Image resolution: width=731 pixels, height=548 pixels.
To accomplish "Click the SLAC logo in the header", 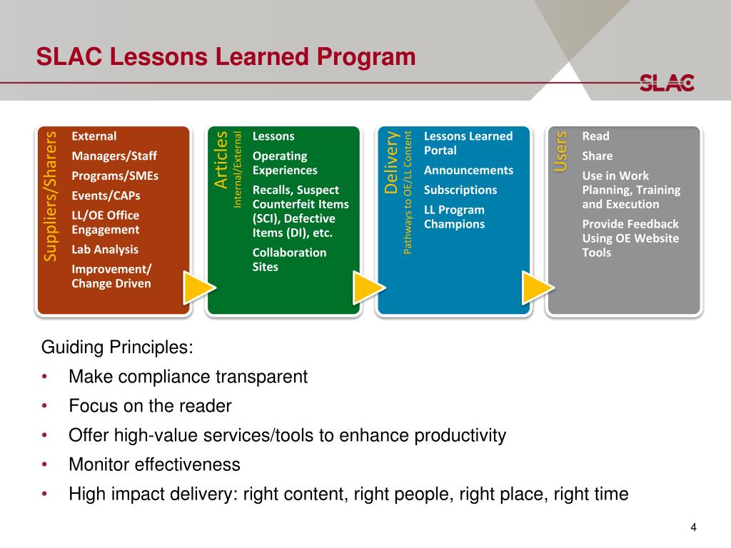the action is point(667,83).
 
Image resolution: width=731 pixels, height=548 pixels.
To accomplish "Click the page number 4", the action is point(693,527).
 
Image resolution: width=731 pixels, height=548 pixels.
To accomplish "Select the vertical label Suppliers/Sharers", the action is point(50,196).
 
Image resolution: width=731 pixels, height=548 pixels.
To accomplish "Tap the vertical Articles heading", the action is point(221,160).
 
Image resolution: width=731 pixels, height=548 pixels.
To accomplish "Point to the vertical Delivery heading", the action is point(390,162).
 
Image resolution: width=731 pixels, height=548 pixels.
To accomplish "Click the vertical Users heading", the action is point(560,151).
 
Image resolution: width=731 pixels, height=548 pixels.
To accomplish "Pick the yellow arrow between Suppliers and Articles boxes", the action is point(200,288).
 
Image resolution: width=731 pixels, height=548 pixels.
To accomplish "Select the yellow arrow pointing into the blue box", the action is point(370,288).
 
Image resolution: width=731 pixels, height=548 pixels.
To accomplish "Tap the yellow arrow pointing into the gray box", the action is point(539,288).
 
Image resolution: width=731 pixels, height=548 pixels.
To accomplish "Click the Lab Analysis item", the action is point(105,250).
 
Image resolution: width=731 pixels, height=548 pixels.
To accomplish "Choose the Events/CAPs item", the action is point(106,196).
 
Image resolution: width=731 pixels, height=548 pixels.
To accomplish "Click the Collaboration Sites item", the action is point(290,260).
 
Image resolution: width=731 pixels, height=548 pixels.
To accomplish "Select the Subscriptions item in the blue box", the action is point(460,190).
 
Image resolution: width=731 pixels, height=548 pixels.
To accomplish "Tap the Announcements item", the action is point(468,170).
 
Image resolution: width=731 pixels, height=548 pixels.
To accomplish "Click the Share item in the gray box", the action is point(598,156).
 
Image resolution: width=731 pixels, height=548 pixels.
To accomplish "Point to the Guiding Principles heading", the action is point(117,347).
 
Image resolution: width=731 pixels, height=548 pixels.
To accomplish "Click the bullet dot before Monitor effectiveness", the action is point(45,465).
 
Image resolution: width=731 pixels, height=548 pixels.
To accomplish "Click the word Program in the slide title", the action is point(366,57).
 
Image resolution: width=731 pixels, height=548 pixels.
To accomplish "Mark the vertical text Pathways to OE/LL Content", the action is point(408,193).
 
